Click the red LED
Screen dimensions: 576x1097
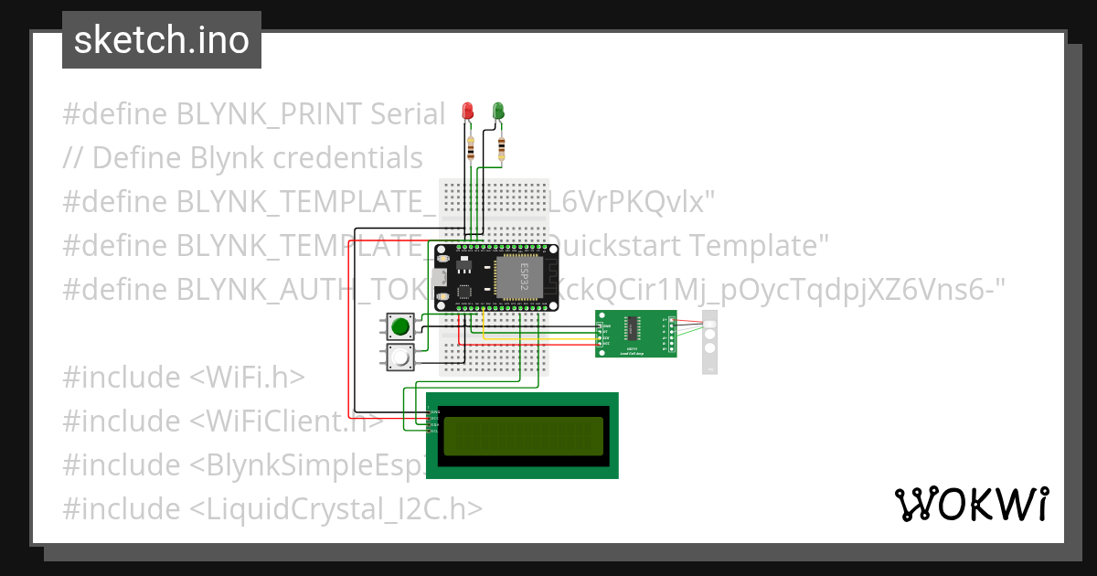tap(467, 111)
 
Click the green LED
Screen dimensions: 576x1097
tap(498, 111)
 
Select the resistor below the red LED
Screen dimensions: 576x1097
tap(471, 146)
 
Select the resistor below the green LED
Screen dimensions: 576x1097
tap(502, 147)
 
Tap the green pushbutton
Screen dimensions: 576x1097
tap(399, 325)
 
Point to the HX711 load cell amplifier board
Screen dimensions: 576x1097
tap(635, 334)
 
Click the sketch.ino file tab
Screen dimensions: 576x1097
tap(162, 40)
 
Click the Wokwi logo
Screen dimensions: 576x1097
tap(971, 504)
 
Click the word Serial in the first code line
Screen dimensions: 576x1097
tap(407, 114)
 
